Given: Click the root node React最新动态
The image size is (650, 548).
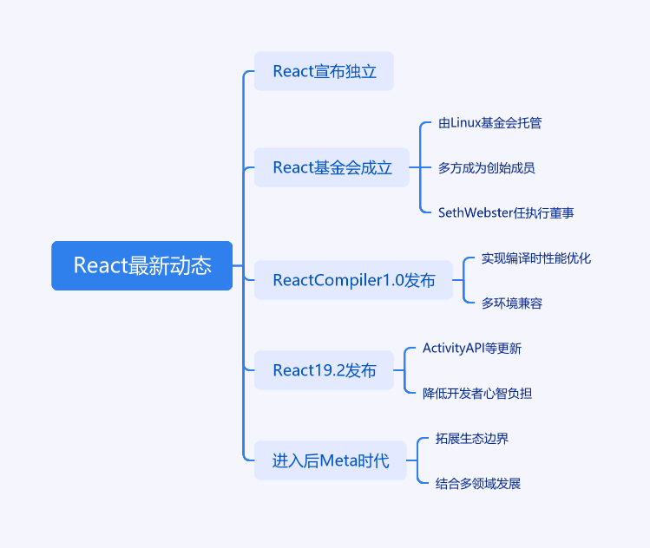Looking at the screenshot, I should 141,265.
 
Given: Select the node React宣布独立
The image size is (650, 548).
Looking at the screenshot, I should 324,71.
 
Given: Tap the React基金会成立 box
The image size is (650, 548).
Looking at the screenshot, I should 332,167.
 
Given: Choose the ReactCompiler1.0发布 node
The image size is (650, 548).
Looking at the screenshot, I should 353,280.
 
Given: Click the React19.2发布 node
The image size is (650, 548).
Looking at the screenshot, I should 324,370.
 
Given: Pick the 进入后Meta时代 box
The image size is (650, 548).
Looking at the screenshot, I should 331,460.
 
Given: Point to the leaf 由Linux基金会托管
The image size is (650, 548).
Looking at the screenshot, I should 489,123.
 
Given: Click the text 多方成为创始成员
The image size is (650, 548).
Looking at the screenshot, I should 486,167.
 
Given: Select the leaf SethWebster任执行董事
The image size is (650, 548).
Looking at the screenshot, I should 505,212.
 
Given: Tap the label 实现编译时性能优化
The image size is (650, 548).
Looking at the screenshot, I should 535,258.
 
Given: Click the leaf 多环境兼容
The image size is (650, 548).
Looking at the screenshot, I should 512,303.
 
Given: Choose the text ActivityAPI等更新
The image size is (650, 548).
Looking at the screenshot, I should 471,349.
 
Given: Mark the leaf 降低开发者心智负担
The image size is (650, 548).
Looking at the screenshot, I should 476,394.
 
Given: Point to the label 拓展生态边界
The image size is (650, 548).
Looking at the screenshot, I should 471,439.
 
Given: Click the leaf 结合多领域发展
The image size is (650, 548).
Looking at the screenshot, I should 477,483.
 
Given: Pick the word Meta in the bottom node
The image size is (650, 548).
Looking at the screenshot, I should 339,460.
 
